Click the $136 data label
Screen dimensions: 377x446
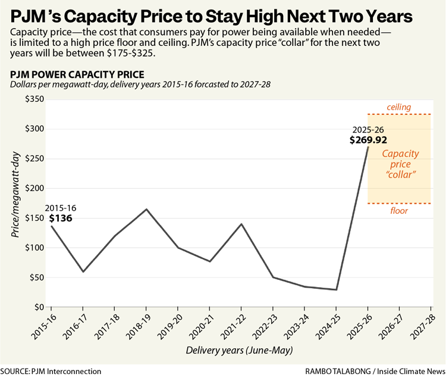tap(62, 219)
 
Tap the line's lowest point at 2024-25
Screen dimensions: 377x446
tap(336, 289)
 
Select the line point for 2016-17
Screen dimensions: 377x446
tap(83, 272)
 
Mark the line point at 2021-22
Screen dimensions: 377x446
tap(241, 224)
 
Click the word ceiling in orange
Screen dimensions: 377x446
tap(398, 107)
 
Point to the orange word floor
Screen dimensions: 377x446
tap(398, 211)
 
